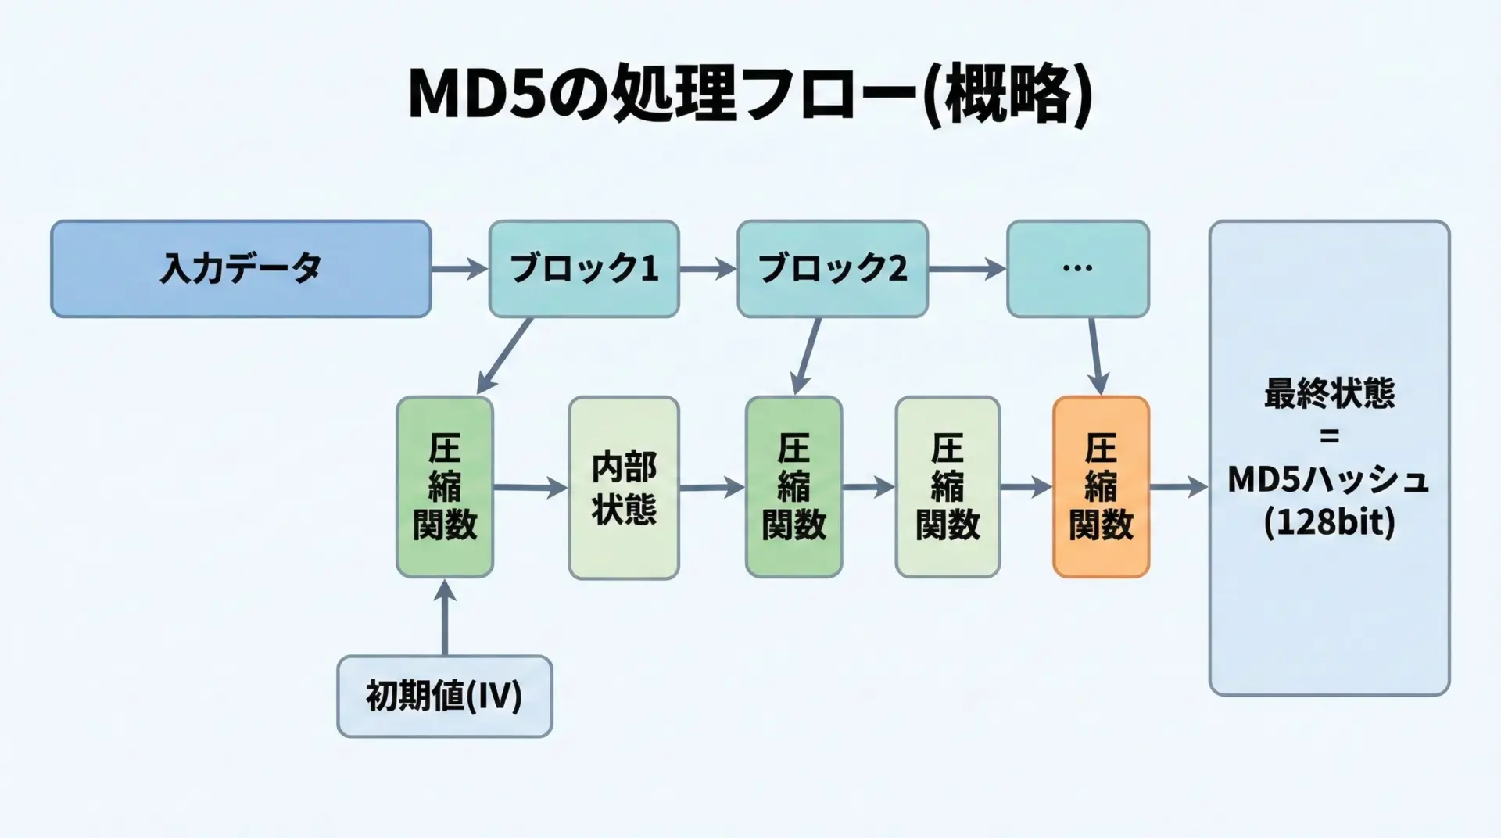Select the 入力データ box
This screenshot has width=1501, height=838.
click(x=241, y=269)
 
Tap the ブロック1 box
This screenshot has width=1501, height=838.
click(x=584, y=269)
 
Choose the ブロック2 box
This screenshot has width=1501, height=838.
click(x=833, y=269)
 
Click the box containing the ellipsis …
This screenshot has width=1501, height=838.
click(x=1077, y=269)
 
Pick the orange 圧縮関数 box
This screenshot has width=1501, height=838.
click(x=1101, y=487)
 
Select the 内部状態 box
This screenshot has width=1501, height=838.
click(x=624, y=488)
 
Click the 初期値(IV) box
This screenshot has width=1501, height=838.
click(x=444, y=697)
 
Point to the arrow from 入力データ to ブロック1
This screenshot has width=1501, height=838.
click(x=460, y=270)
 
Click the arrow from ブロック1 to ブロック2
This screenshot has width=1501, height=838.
click(x=708, y=270)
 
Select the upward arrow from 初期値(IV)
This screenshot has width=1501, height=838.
click(x=445, y=618)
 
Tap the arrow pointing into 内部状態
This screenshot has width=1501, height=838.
click(x=530, y=488)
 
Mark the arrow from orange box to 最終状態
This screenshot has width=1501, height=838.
click(x=1178, y=487)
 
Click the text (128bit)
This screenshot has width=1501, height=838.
click(x=1329, y=522)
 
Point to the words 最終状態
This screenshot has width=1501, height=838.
click(x=1329, y=393)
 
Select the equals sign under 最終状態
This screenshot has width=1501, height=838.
click(x=1329, y=436)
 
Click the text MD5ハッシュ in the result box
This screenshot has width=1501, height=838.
click(x=1329, y=479)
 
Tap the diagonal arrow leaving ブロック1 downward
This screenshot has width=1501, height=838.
click(x=504, y=356)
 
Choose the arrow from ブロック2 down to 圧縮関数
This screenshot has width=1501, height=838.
click(x=807, y=356)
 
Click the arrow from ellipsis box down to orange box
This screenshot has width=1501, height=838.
click(x=1095, y=356)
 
